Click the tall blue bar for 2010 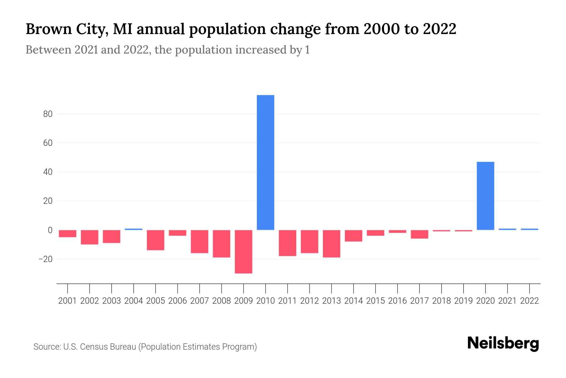(265, 162)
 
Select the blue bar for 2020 (485, 196)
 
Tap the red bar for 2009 (243, 251)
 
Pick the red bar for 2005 (155, 240)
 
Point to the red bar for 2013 (331, 243)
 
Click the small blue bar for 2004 (133, 229)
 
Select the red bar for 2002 (90, 237)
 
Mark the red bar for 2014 (353, 236)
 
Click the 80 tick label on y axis (48, 114)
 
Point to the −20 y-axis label (45, 259)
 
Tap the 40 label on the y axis (48, 172)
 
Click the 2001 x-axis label (68, 301)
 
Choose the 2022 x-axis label (530, 301)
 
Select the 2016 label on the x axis (397, 301)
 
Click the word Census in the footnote (91, 347)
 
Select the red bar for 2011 (287, 243)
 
